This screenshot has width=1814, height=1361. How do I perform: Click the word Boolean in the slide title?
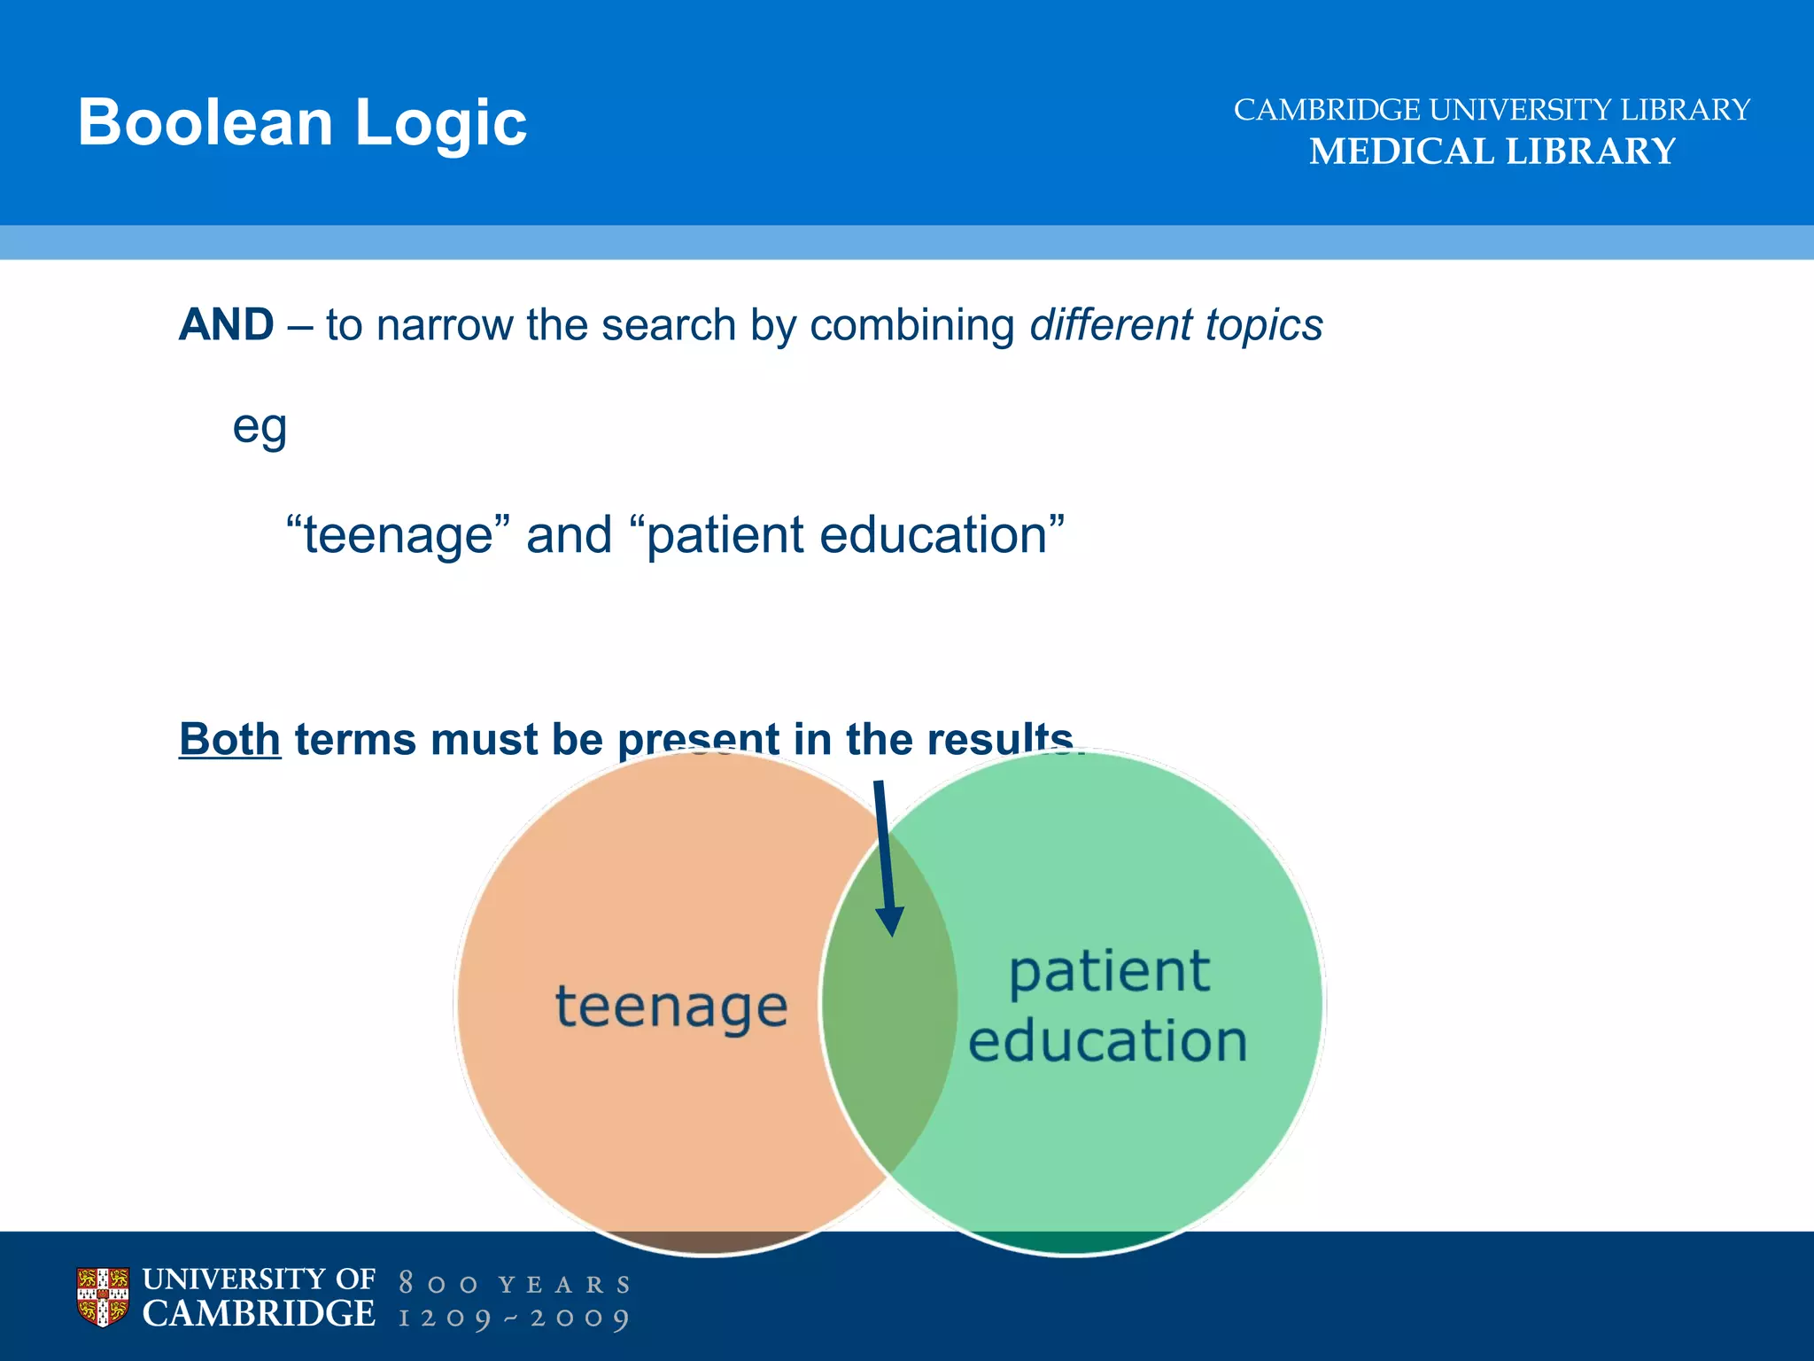[x=205, y=122]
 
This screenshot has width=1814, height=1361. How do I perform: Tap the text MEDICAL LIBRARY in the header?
[x=1492, y=152]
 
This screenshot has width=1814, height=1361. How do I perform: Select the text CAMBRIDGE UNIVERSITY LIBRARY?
[x=1492, y=110]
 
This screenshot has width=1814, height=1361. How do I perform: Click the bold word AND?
[x=227, y=324]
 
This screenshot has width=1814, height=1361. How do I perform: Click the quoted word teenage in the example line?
[x=399, y=536]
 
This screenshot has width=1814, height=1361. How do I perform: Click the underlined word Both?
[x=229, y=739]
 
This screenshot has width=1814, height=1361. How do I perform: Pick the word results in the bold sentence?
[x=999, y=739]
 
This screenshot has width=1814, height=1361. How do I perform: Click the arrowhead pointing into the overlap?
[x=890, y=922]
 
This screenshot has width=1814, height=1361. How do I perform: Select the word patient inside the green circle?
[x=1109, y=973]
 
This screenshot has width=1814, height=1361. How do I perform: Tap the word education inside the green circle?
[x=1107, y=1040]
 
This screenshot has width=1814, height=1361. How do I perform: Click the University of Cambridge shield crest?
[x=103, y=1297]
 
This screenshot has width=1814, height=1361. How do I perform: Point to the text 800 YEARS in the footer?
[x=515, y=1284]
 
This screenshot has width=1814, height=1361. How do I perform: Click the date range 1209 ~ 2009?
[x=515, y=1318]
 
